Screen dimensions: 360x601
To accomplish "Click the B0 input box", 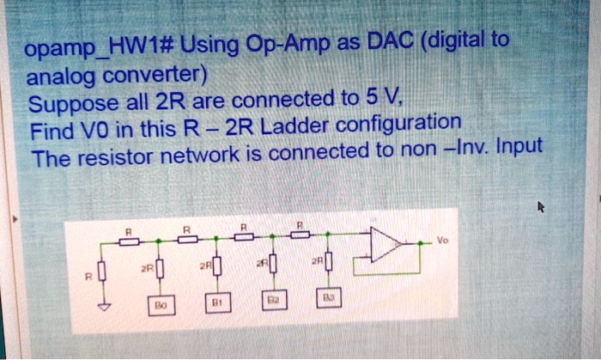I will coord(160,306).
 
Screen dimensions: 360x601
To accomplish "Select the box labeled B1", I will coord(216,304).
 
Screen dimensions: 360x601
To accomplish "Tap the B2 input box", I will coord(272,302).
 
